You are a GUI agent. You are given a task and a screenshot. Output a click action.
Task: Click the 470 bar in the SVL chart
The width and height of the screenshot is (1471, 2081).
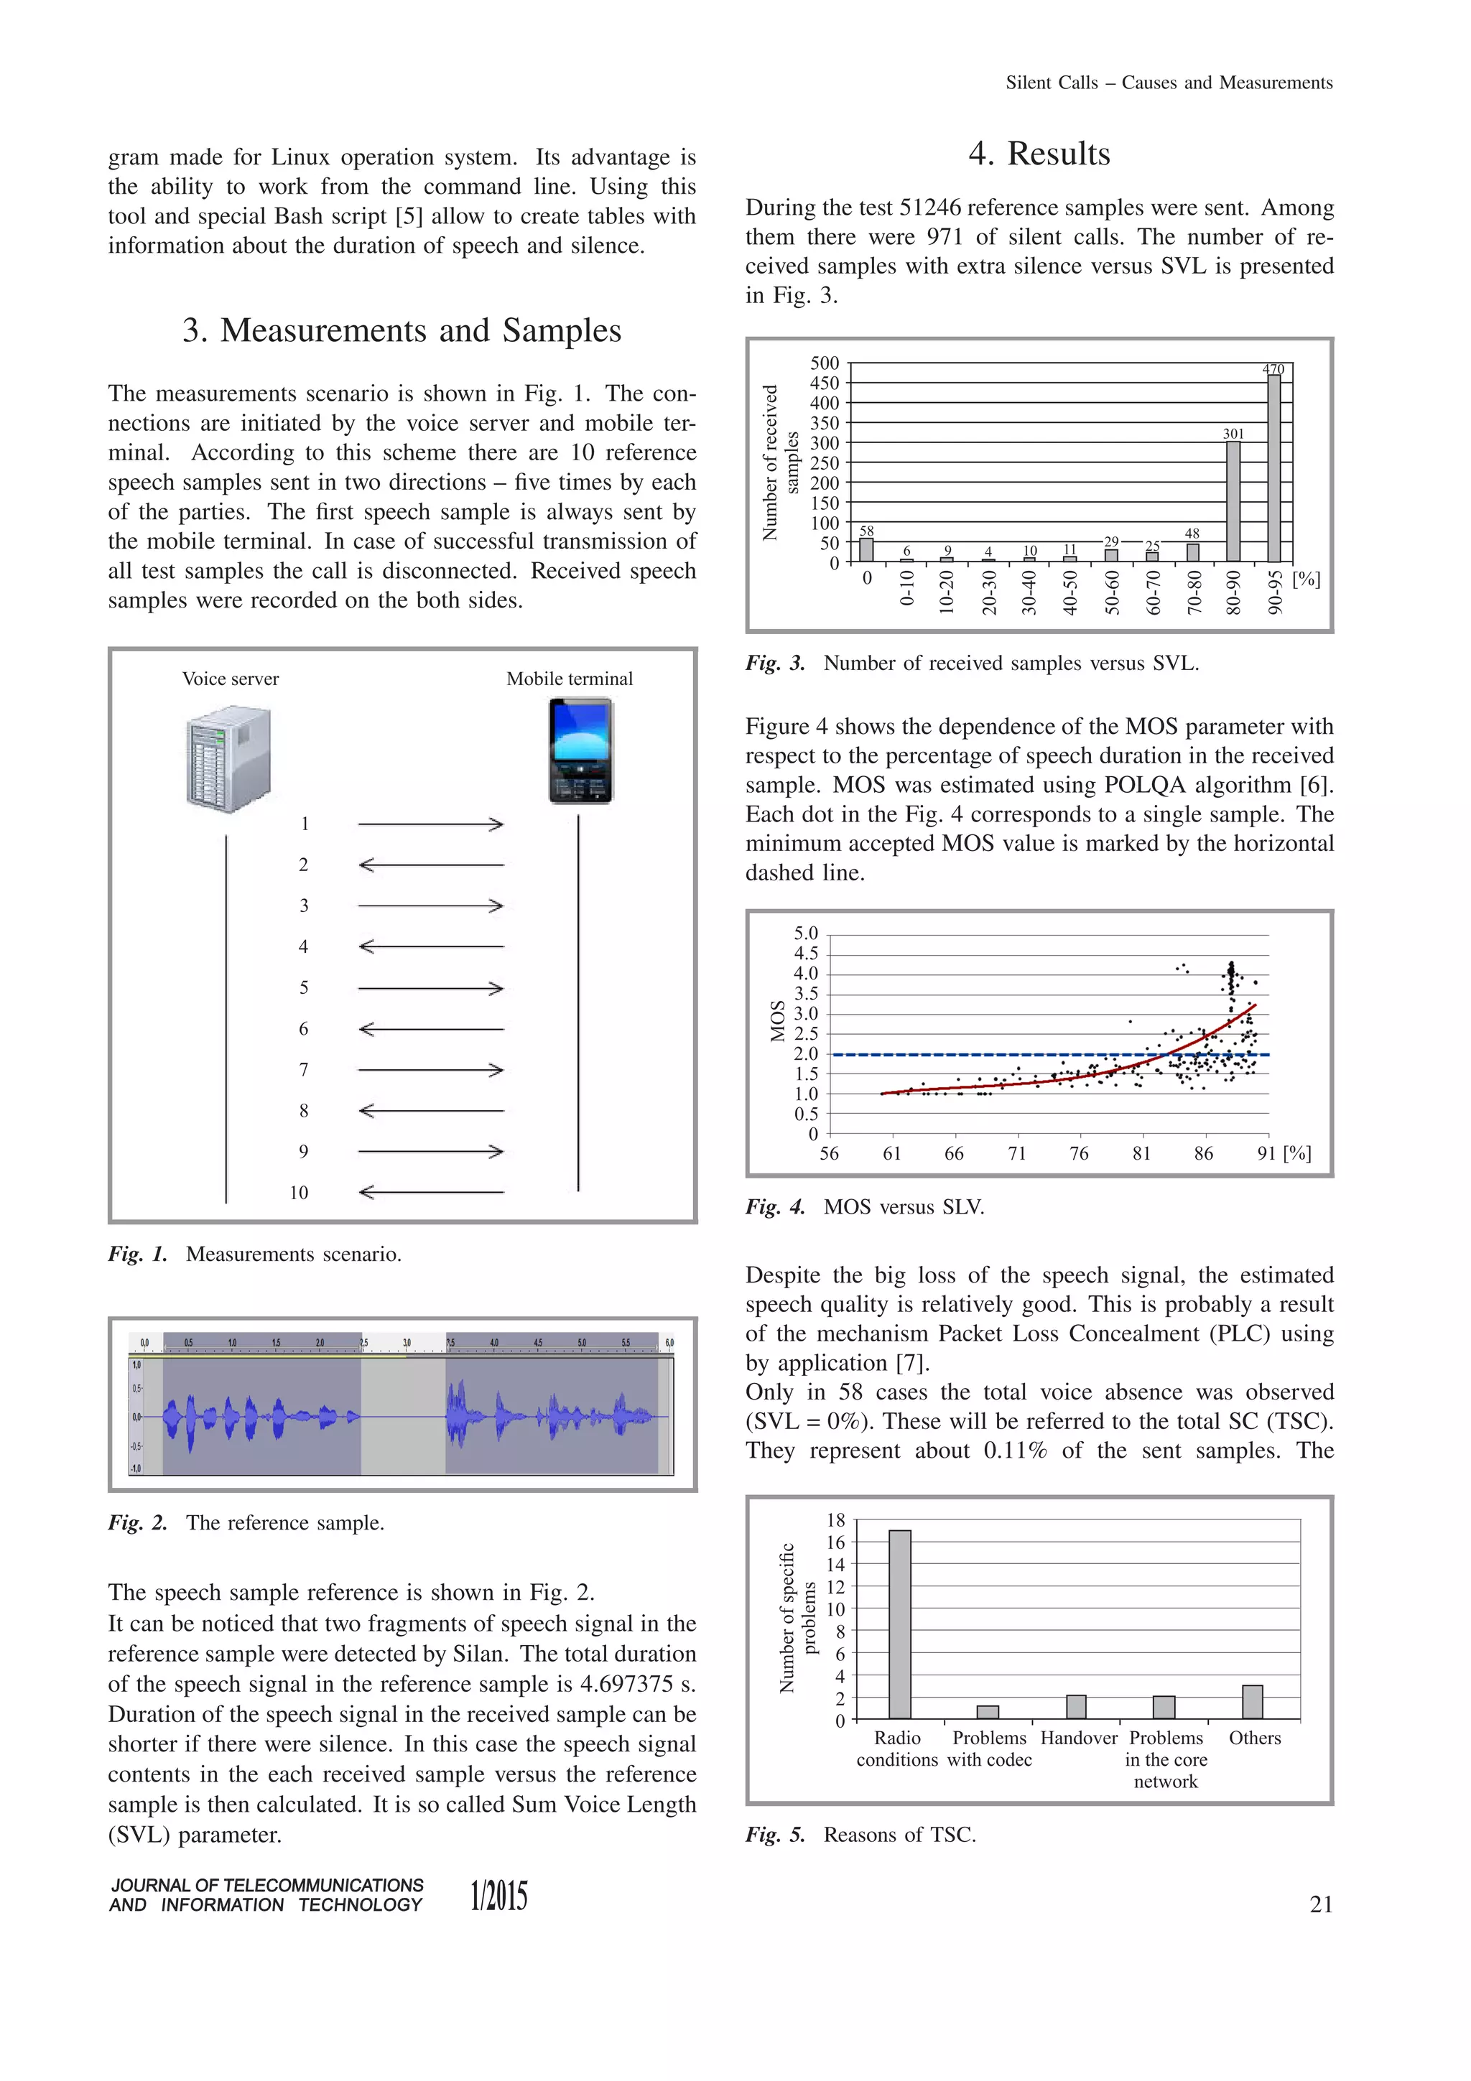[x=1273, y=469]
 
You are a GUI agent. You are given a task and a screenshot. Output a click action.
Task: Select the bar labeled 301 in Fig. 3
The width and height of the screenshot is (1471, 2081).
[x=1233, y=501]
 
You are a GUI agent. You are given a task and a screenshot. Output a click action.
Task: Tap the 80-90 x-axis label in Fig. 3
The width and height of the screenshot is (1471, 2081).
[x=1233, y=592]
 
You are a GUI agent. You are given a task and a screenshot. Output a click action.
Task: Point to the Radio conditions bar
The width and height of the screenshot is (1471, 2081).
[x=899, y=1624]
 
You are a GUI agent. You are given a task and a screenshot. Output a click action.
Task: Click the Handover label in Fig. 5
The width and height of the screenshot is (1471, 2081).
[x=1079, y=1738]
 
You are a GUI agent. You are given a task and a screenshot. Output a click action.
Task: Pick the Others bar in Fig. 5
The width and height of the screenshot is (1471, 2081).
[x=1253, y=1702]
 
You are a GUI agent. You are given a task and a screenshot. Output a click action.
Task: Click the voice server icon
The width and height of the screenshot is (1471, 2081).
[x=228, y=760]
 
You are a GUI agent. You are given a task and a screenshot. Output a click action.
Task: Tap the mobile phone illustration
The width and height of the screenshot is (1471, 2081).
[x=581, y=750]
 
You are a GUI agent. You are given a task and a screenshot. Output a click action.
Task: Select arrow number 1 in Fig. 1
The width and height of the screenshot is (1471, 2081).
[x=430, y=824]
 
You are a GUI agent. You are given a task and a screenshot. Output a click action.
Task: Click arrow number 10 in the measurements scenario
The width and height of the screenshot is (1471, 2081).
[x=430, y=1193]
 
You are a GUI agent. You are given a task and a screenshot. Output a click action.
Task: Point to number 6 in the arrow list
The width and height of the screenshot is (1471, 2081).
[x=304, y=1029]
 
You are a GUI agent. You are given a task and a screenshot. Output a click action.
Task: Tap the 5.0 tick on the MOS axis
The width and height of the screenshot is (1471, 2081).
[x=805, y=934]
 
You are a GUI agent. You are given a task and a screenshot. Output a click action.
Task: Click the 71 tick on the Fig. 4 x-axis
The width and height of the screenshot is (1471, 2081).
[x=1017, y=1154]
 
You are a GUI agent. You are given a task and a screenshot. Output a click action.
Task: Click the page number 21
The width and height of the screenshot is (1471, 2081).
[x=1321, y=1904]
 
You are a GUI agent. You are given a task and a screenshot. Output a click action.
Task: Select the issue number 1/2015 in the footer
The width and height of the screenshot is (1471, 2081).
[x=498, y=1896]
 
